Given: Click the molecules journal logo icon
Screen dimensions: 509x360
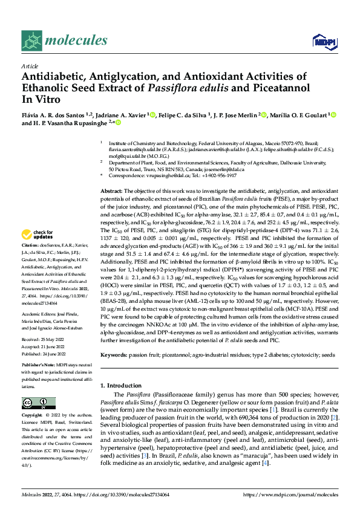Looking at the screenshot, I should (x=32, y=41).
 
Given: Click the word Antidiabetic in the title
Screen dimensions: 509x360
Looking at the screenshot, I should (x=53, y=77).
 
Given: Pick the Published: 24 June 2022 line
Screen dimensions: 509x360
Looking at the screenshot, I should (x=45, y=354).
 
